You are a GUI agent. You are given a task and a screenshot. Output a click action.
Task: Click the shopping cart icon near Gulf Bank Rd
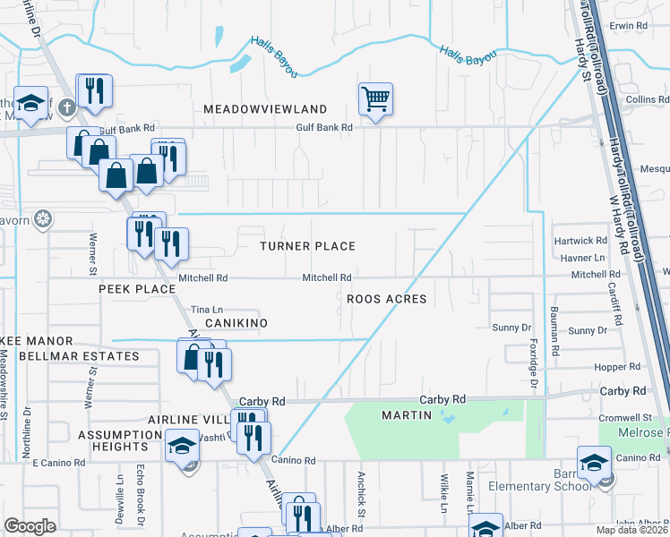375,98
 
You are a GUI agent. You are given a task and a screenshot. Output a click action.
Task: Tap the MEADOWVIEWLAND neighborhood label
253,108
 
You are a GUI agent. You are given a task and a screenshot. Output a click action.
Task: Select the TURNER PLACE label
307,246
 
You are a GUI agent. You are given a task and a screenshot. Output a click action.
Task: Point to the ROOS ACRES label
387,299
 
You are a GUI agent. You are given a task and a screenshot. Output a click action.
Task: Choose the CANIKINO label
236,321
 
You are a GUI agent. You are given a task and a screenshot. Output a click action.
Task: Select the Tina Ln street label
206,310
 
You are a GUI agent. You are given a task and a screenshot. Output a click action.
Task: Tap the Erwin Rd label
628,27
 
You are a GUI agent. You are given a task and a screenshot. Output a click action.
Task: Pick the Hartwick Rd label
580,241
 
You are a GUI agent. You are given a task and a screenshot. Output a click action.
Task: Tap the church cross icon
66,109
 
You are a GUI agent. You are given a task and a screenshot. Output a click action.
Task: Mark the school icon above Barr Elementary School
593,463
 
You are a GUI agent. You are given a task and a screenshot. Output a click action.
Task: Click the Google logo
30,526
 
